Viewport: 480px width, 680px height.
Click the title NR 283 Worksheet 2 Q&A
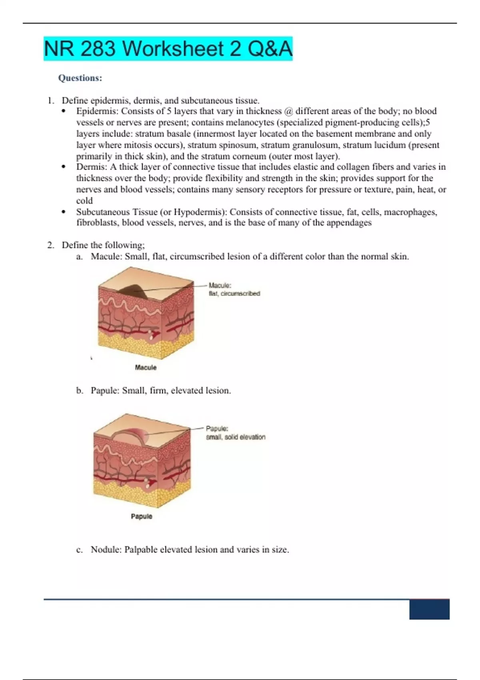(168, 49)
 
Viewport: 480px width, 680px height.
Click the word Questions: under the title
(80, 78)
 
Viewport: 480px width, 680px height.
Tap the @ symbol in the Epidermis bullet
(288, 111)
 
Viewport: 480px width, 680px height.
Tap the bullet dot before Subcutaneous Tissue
(64, 212)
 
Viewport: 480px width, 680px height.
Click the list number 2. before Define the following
(51, 245)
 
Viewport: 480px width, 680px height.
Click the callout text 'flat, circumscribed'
(234, 294)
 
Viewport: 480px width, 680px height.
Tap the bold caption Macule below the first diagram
(146, 368)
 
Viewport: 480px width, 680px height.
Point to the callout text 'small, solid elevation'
(236, 437)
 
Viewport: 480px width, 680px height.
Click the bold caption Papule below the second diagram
(142, 516)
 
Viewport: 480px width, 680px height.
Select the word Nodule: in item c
(106, 550)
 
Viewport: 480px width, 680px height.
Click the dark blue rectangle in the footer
(429, 609)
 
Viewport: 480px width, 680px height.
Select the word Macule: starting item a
(106, 256)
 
